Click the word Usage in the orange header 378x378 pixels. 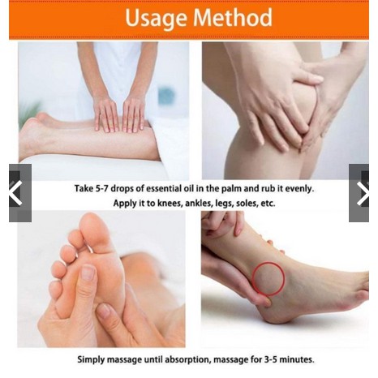click(156, 19)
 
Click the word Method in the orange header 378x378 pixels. click(233, 17)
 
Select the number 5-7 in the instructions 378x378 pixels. click(102, 188)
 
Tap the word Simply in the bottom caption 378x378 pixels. click(91, 360)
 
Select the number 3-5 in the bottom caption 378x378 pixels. click(269, 359)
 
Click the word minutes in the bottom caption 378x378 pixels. click(297, 359)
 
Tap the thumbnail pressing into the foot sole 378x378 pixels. click(88, 273)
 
